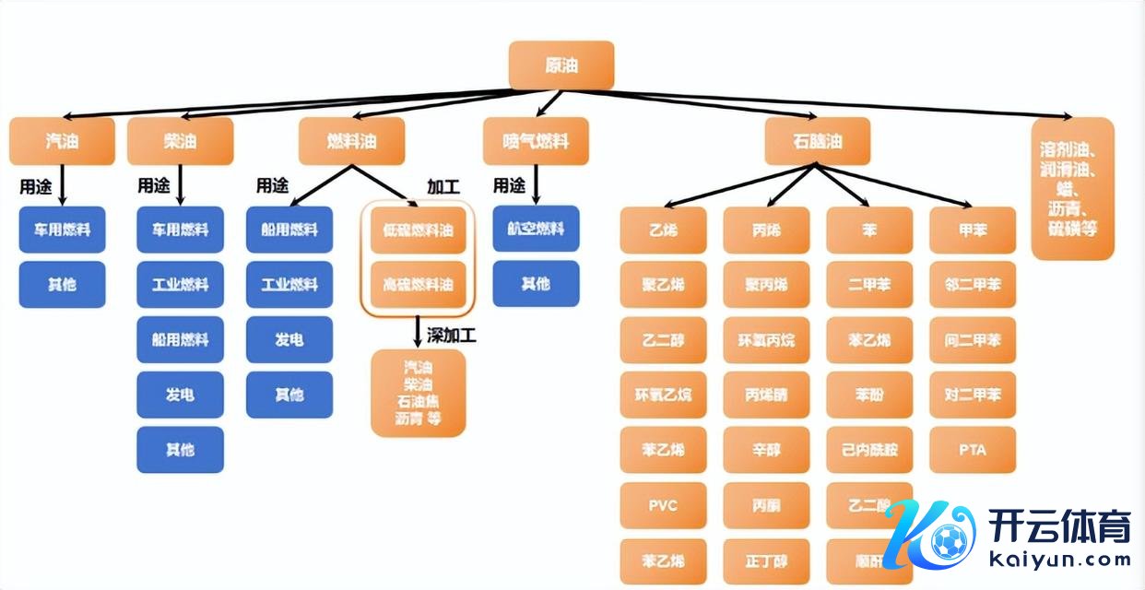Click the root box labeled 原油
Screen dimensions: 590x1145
tap(561, 65)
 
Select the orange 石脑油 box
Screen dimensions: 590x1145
tap(817, 141)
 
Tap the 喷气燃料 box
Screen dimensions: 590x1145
tap(536, 141)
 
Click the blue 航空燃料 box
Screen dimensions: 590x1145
tap(536, 230)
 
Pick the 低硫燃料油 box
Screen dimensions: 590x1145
tap(419, 230)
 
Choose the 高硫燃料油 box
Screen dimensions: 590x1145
tap(419, 284)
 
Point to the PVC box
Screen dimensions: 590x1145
tap(663, 505)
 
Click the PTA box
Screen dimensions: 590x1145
tap(973, 450)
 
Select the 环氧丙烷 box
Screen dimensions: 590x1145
tap(766, 340)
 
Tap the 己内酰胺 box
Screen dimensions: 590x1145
tap(869, 450)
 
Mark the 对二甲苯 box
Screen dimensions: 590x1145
tap(973, 395)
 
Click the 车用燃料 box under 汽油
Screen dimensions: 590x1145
tap(63, 230)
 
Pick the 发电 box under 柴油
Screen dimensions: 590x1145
tap(180, 395)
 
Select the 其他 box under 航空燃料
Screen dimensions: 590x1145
tap(536, 284)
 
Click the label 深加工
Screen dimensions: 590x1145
tap(452, 335)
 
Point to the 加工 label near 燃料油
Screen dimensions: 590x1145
tap(443, 187)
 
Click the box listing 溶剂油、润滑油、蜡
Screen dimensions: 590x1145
tap(1073, 188)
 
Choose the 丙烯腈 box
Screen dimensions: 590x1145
tap(766, 395)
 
